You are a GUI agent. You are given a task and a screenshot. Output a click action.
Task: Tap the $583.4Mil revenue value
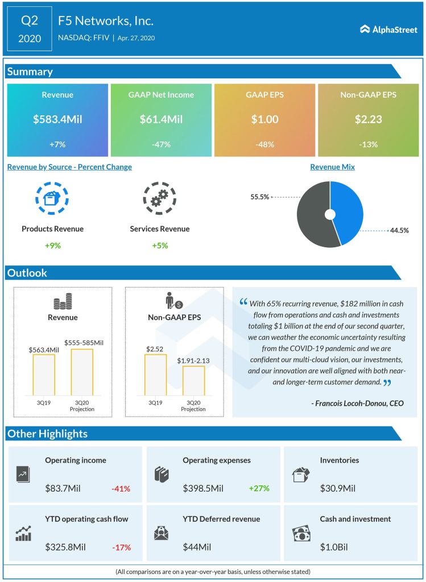pos(57,119)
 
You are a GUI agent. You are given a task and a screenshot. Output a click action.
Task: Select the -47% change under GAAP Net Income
pos(161,144)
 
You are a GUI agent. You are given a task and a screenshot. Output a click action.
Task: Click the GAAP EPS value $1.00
pos(264,119)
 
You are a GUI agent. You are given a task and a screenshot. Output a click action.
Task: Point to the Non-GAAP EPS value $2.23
pos(368,119)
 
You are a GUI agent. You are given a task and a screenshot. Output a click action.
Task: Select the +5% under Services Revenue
pos(159,246)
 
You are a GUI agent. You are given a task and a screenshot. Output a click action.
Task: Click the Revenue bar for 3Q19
pos(44,375)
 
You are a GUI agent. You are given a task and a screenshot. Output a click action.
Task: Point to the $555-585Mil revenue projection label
pos(82,343)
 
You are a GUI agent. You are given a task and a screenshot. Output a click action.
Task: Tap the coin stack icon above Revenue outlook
pos(62,301)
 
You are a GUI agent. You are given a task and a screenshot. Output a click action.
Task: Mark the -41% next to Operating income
pos(121,488)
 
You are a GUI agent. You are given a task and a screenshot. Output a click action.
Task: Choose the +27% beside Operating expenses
pos(258,488)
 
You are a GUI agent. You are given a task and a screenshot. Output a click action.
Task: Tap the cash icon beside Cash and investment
pos(300,534)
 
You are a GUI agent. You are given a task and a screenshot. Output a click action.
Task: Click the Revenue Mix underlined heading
pos(332,167)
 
